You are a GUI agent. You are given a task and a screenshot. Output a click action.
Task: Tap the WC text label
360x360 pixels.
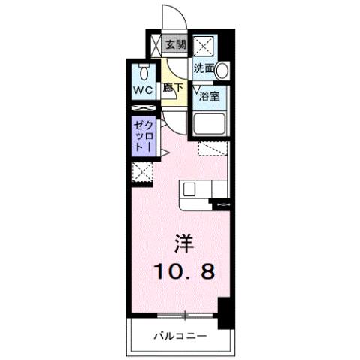tap(144, 90)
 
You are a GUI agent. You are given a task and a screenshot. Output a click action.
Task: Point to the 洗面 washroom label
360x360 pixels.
tap(203, 68)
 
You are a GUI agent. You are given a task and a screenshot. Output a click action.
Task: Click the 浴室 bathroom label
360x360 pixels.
tap(210, 96)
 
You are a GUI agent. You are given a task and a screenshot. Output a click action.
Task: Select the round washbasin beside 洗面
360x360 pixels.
tap(222, 70)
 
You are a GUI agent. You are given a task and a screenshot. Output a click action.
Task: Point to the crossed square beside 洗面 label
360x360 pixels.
tap(204, 46)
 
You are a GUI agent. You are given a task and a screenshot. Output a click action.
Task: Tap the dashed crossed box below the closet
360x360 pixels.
tap(142, 172)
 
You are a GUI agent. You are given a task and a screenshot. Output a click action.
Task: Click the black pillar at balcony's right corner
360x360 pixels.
tap(224, 311)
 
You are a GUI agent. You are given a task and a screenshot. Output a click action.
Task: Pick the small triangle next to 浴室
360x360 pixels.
tap(198, 88)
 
